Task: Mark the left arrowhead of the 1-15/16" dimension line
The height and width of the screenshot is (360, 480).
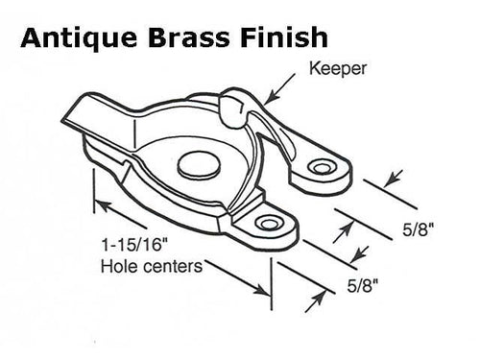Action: click(97, 202)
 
